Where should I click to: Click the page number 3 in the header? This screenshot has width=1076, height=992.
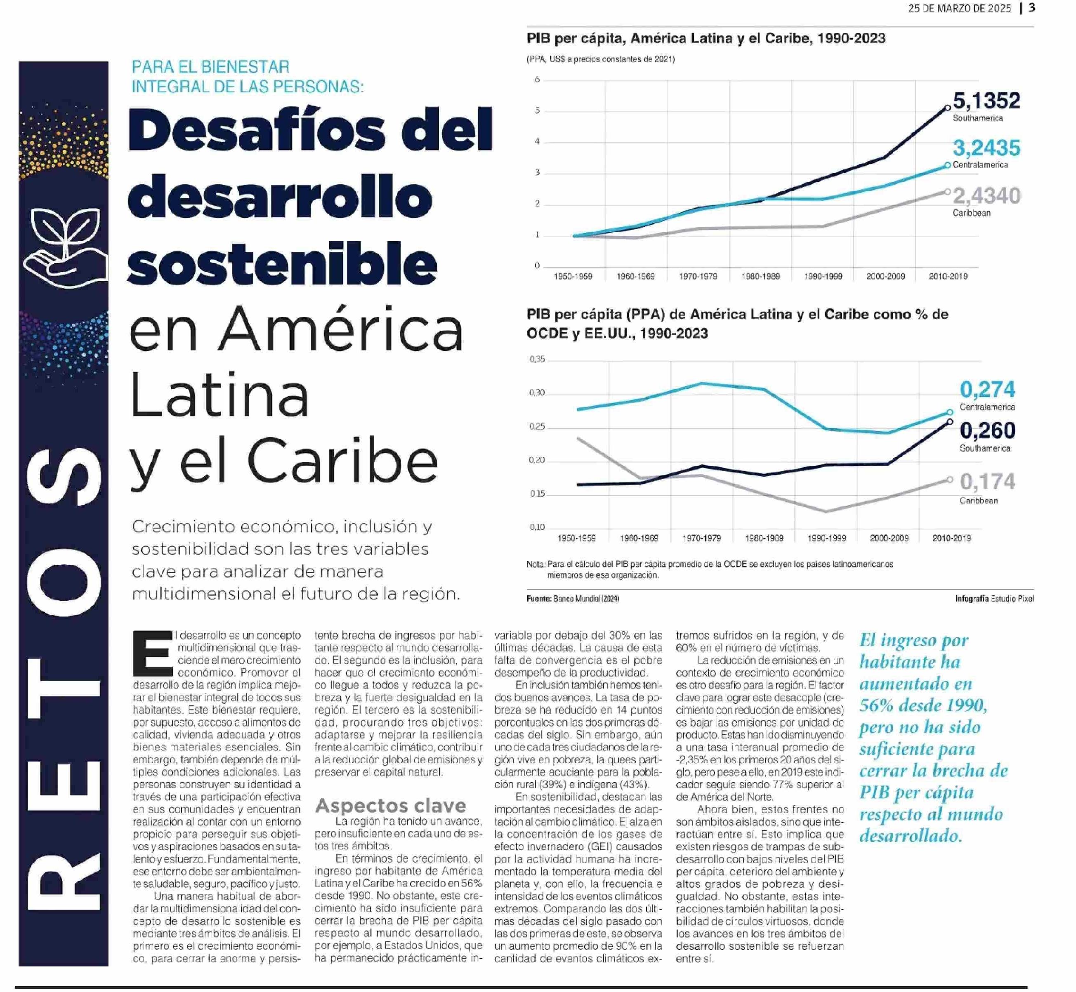pos(1031,8)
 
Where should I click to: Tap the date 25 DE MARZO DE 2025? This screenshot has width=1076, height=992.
pos(959,9)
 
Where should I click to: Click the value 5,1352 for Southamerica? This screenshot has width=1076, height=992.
pos(986,100)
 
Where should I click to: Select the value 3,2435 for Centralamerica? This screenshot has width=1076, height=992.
pos(986,148)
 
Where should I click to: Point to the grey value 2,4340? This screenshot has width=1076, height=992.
pos(986,196)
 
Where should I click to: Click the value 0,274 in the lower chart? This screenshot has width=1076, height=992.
pos(987,389)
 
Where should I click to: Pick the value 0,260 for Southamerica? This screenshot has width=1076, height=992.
pos(987,430)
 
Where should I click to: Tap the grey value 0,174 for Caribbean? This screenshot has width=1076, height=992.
pos(987,482)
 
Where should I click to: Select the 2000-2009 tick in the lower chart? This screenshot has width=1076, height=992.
pos(889,538)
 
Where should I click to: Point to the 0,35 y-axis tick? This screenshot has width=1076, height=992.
pos(537,359)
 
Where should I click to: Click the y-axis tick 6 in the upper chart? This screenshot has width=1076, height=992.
pos(537,80)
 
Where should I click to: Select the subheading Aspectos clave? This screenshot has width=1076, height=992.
pos(391,805)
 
